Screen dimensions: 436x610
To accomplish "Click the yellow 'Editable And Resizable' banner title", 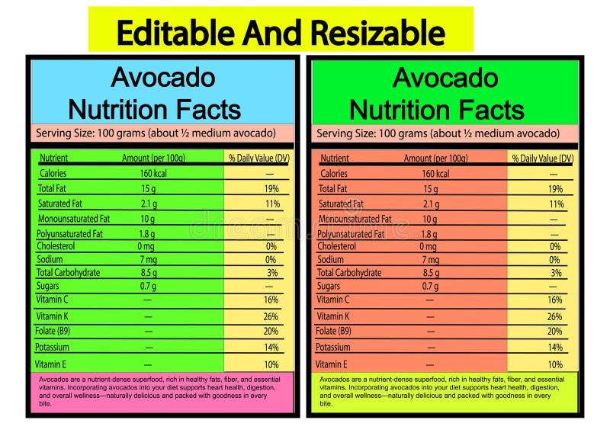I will [281, 34].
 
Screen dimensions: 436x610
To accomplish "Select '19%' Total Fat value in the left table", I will [271, 188].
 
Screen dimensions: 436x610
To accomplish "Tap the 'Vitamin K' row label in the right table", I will [333, 316].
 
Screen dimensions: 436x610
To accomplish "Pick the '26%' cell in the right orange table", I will [554, 316].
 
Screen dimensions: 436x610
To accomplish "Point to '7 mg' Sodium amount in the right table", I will [431, 260].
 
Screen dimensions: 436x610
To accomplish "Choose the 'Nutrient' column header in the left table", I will [54, 159].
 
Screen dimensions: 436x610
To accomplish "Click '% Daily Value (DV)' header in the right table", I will [542, 159].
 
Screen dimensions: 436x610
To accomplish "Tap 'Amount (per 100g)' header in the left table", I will [153, 159].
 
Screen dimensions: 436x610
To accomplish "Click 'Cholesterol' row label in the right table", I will [336, 246].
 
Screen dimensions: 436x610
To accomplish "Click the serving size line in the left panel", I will [156, 133].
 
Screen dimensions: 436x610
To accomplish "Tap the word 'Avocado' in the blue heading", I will [162, 78].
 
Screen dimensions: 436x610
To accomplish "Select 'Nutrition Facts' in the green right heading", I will [437, 110].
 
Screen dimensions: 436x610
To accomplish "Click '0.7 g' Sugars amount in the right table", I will [431, 287].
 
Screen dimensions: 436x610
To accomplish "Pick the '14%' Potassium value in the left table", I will [271, 348].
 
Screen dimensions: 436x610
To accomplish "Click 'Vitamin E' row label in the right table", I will [332, 364].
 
